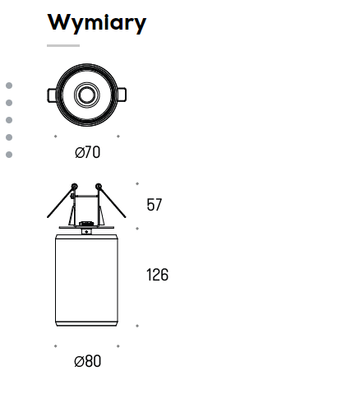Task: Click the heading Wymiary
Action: [x=97, y=23]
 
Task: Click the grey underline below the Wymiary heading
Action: [x=63, y=45]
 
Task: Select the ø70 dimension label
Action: [x=87, y=152]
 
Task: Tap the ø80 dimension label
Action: [x=87, y=361]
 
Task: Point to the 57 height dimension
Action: [x=155, y=205]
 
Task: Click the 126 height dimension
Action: [x=157, y=275]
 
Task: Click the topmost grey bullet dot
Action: [x=9, y=86]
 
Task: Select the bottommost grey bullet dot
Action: [x=9, y=155]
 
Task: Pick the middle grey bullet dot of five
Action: [x=9, y=120]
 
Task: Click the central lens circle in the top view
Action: [x=87, y=95]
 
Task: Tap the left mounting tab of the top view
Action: [x=52, y=95]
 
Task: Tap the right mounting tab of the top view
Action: [x=122, y=95]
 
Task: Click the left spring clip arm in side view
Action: [x=62, y=201]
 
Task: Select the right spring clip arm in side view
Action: [x=112, y=201]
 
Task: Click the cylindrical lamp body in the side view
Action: [x=86, y=280]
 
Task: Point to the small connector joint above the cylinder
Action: [x=86, y=232]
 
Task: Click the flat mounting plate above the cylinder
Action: [x=86, y=227]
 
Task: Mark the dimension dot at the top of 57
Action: [x=137, y=183]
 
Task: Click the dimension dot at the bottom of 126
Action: [x=137, y=326]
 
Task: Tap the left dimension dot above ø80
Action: [x=56, y=346]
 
